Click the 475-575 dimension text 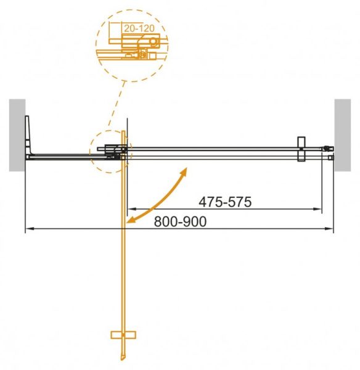pyautogui.click(x=225, y=202)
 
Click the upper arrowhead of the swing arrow pyautogui.click(x=185, y=169)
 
